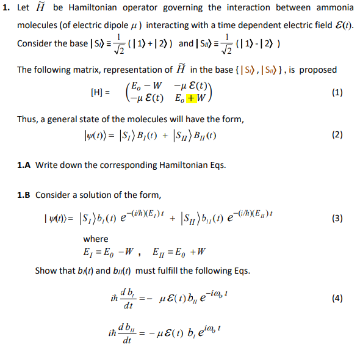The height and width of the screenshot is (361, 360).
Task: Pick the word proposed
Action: [x=317, y=70]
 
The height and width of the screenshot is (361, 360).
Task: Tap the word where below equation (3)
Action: [x=96, y=239]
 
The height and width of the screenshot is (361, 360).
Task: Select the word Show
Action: [x=45, y=271]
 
